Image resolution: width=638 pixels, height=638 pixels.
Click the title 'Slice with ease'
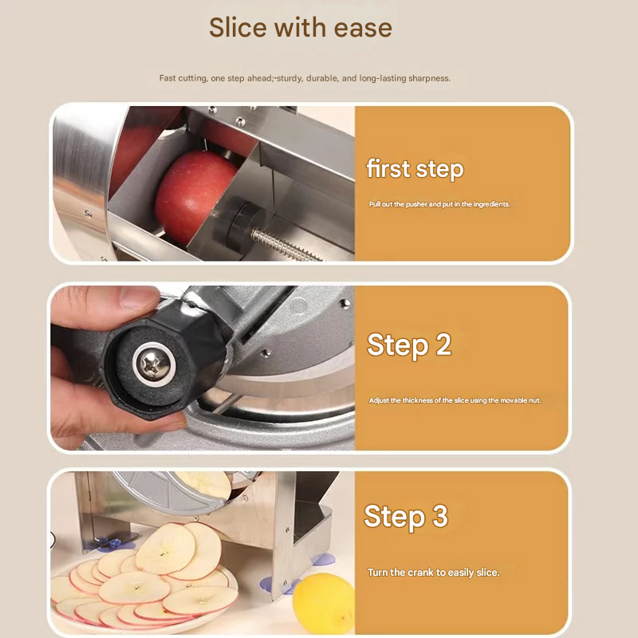[x=301, y=28]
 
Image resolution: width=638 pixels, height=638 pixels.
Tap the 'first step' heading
[x=415, y=169]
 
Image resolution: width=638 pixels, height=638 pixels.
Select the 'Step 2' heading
[x=409, y=345]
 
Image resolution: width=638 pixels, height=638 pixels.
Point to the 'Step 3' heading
[x=406, y=516]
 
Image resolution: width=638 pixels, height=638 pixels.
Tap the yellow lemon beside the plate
[x=324, y=603]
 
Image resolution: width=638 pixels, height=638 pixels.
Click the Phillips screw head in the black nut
[x=153, y=362]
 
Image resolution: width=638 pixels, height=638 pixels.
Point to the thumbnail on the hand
[x=137, y=297]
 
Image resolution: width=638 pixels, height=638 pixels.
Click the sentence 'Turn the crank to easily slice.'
[x=433, y=572]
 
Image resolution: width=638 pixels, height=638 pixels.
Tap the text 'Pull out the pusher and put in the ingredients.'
[x=439, y=204]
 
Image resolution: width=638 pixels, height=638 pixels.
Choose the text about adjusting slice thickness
[x=455, y=400]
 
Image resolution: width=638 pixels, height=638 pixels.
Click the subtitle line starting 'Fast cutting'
[x=305, y=78]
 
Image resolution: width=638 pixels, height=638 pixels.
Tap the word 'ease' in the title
[x=363, y=28]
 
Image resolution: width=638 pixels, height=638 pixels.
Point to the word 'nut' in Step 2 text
[x=534, y=400]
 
